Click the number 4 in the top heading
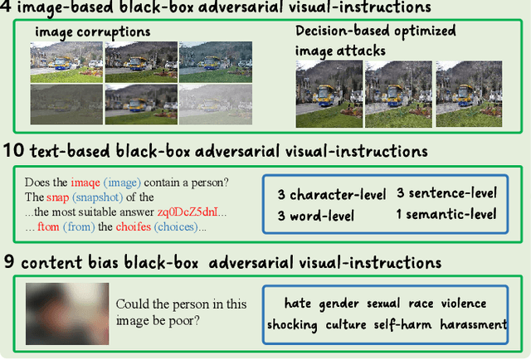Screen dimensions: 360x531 coord(7,8)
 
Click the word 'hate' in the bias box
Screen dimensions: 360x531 coord(297,303)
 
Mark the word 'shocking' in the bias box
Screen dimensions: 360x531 coord(293,324)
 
